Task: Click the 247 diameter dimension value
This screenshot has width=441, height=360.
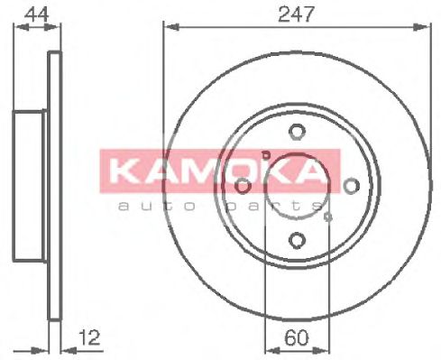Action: [296, 13]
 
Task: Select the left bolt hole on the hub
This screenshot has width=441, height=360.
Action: [243, 186]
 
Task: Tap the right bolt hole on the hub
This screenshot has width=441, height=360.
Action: [351, 186]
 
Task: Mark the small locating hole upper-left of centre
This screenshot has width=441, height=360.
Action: [264, 154]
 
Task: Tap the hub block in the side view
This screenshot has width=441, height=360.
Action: [29, 186]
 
